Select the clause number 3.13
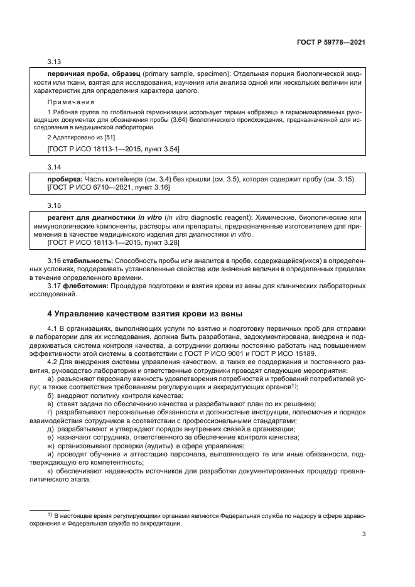pyautogui.click(x=55, y=63)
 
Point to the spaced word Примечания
pyautogui.click(x=71, y=102)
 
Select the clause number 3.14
pyautogui.click(x=55, y=168)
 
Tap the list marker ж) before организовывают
pyautogui.click(x=51, y=446)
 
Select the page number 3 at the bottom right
pyautogui.click(x=364, y=535)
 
